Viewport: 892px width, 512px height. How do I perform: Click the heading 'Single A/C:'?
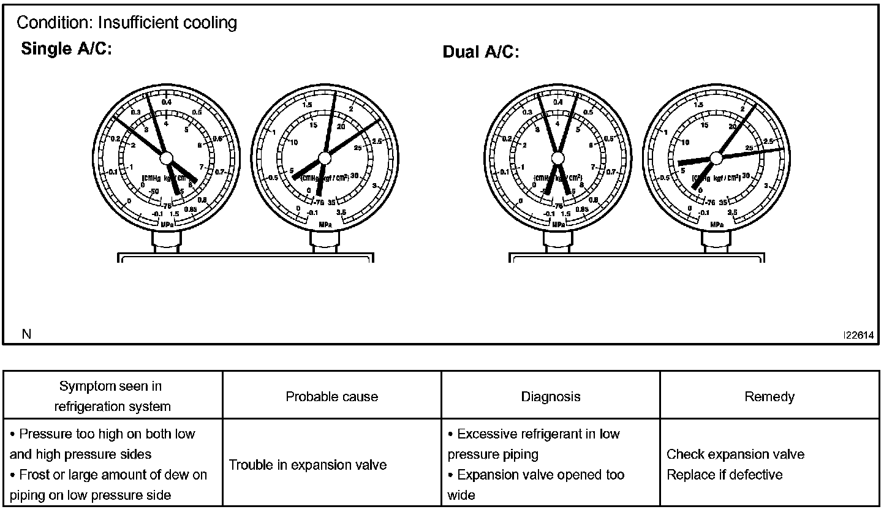point(66,50)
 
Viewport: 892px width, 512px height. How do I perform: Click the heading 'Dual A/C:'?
point(480,53)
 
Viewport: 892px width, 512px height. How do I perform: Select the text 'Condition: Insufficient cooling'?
point(127,23)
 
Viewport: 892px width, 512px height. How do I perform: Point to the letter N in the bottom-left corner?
point(26,334)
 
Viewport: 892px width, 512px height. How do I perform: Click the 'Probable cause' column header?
point(331,397)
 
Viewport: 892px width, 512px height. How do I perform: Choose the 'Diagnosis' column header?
point(550,397)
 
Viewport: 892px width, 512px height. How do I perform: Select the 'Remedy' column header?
point(769,397)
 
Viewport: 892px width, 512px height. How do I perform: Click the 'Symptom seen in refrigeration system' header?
point(111,396)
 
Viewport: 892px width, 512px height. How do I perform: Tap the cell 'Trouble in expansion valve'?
point(308,465)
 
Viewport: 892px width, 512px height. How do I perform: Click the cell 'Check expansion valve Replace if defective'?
point(735,464)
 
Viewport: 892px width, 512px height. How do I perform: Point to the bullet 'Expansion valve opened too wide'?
point(536,484)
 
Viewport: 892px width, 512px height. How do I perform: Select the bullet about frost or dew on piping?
point(108,484)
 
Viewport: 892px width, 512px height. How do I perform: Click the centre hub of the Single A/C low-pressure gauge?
point(167,157)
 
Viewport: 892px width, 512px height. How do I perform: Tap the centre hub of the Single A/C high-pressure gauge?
point(325,158)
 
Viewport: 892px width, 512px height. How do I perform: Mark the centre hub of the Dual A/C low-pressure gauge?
point(557,158)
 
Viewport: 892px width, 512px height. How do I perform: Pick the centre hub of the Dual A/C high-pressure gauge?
point(716,158)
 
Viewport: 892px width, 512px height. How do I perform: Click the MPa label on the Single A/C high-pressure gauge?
point(325,225)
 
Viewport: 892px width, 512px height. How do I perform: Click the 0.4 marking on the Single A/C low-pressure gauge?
point(167,103)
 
